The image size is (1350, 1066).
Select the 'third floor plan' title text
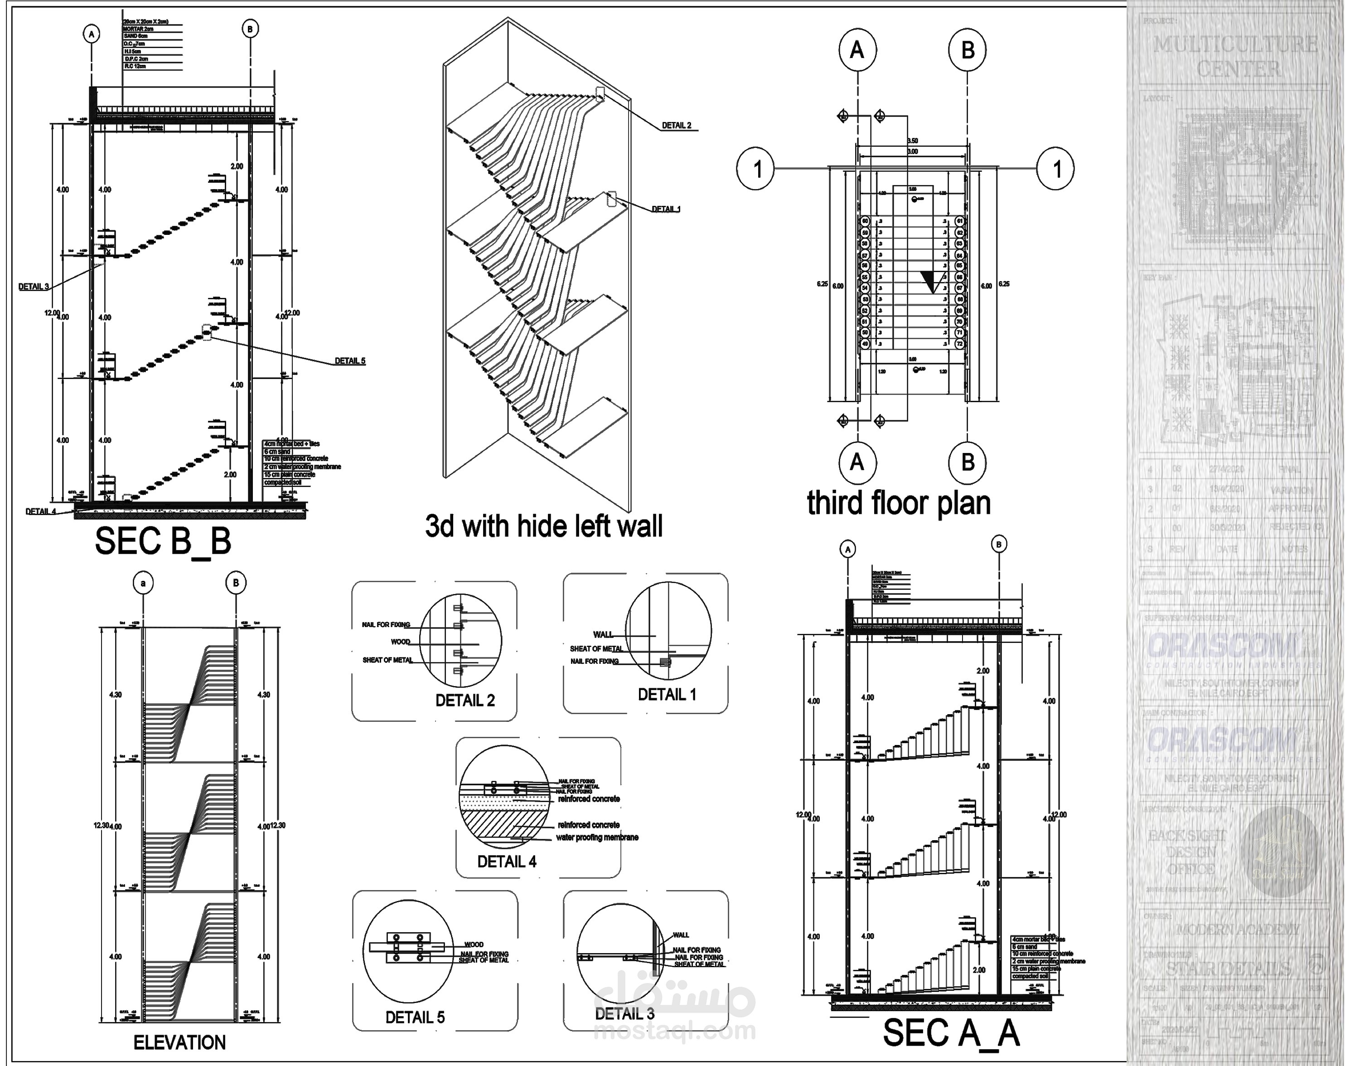tap(898, 503)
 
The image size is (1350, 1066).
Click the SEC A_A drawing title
tap(951, 1033)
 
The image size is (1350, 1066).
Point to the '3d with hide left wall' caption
tap(543, 526)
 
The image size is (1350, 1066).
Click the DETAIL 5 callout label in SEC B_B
tap(350, 361)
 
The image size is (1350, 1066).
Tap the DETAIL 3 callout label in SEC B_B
tap(34, 287)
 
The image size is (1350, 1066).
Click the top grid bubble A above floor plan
tap(857, 50)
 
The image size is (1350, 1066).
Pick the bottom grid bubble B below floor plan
tap(967, 462)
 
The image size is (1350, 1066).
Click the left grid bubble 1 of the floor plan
tap(757, 169)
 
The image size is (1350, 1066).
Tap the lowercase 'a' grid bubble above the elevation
tap(143, 583)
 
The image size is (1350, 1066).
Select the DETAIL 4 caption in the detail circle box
tap(507, 862)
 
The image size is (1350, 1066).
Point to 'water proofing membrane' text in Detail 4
tap(597, 837)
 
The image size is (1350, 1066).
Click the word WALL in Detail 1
tap(603, 635)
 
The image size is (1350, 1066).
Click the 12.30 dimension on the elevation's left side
tap(101, 826)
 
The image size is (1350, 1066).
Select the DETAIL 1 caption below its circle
tap(667, 695)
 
